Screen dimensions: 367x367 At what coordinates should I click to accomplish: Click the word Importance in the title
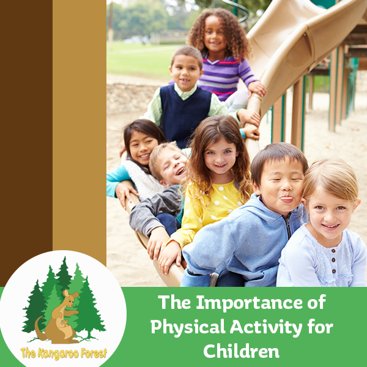click(249, 303)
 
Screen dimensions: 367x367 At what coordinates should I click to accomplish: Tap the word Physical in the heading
click(188, 327)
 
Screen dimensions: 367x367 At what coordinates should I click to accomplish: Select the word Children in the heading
click(242, 350)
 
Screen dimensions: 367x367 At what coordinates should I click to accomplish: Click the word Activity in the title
click(266, 327)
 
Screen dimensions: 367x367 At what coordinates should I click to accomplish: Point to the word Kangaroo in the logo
click(59, 354)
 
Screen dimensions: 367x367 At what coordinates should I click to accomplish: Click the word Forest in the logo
click(94, 353)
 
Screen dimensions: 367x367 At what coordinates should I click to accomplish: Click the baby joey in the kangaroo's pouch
click(64, 324)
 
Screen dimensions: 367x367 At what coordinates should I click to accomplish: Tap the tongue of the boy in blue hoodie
click(287, 199)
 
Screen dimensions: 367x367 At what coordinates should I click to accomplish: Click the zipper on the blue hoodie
click(288, 225)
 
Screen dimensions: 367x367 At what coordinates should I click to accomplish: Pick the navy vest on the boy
click(185, 116)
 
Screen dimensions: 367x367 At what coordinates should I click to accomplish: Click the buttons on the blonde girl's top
click(333, 261)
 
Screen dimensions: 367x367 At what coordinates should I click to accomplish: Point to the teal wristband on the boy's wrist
click(242, 133)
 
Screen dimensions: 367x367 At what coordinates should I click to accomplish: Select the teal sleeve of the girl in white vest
click(117, 180)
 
